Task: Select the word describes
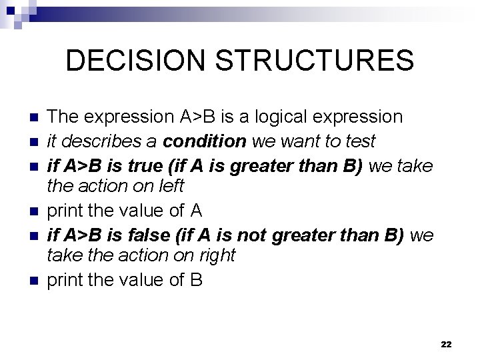[x=97, y=141]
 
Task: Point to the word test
[x=361, y=141]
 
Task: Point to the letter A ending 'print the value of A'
[x=196, y=211]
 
